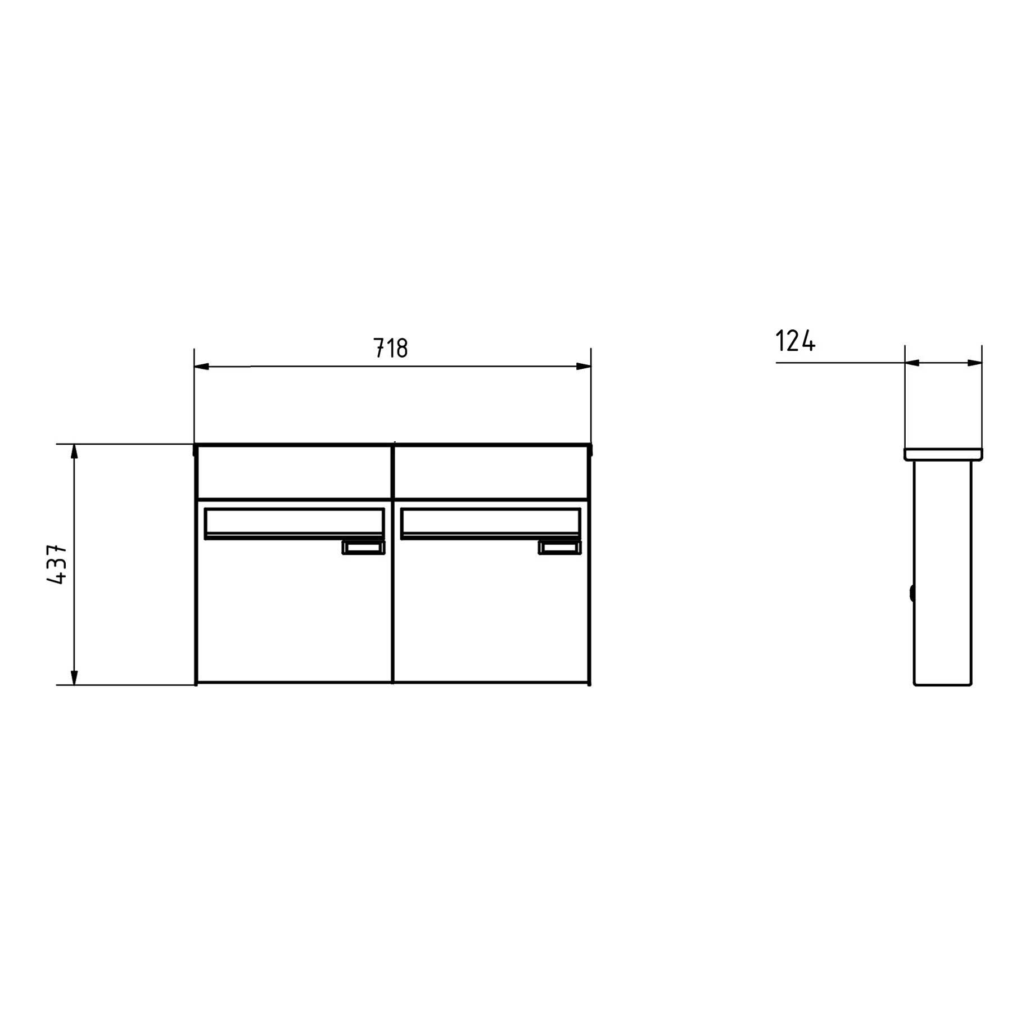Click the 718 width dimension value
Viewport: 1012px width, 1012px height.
(391, 348)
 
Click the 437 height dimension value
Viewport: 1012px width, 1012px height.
(57, 564)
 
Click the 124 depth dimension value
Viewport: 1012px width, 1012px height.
(795, 341)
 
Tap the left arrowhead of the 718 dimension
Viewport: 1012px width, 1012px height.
(201, 367)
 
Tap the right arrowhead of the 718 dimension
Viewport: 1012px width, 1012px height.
(584, 367)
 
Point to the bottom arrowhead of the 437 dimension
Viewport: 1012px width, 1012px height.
(74, 678)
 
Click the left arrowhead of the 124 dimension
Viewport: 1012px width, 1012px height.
(912, 363)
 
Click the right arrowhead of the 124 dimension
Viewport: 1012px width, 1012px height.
(975, 363)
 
